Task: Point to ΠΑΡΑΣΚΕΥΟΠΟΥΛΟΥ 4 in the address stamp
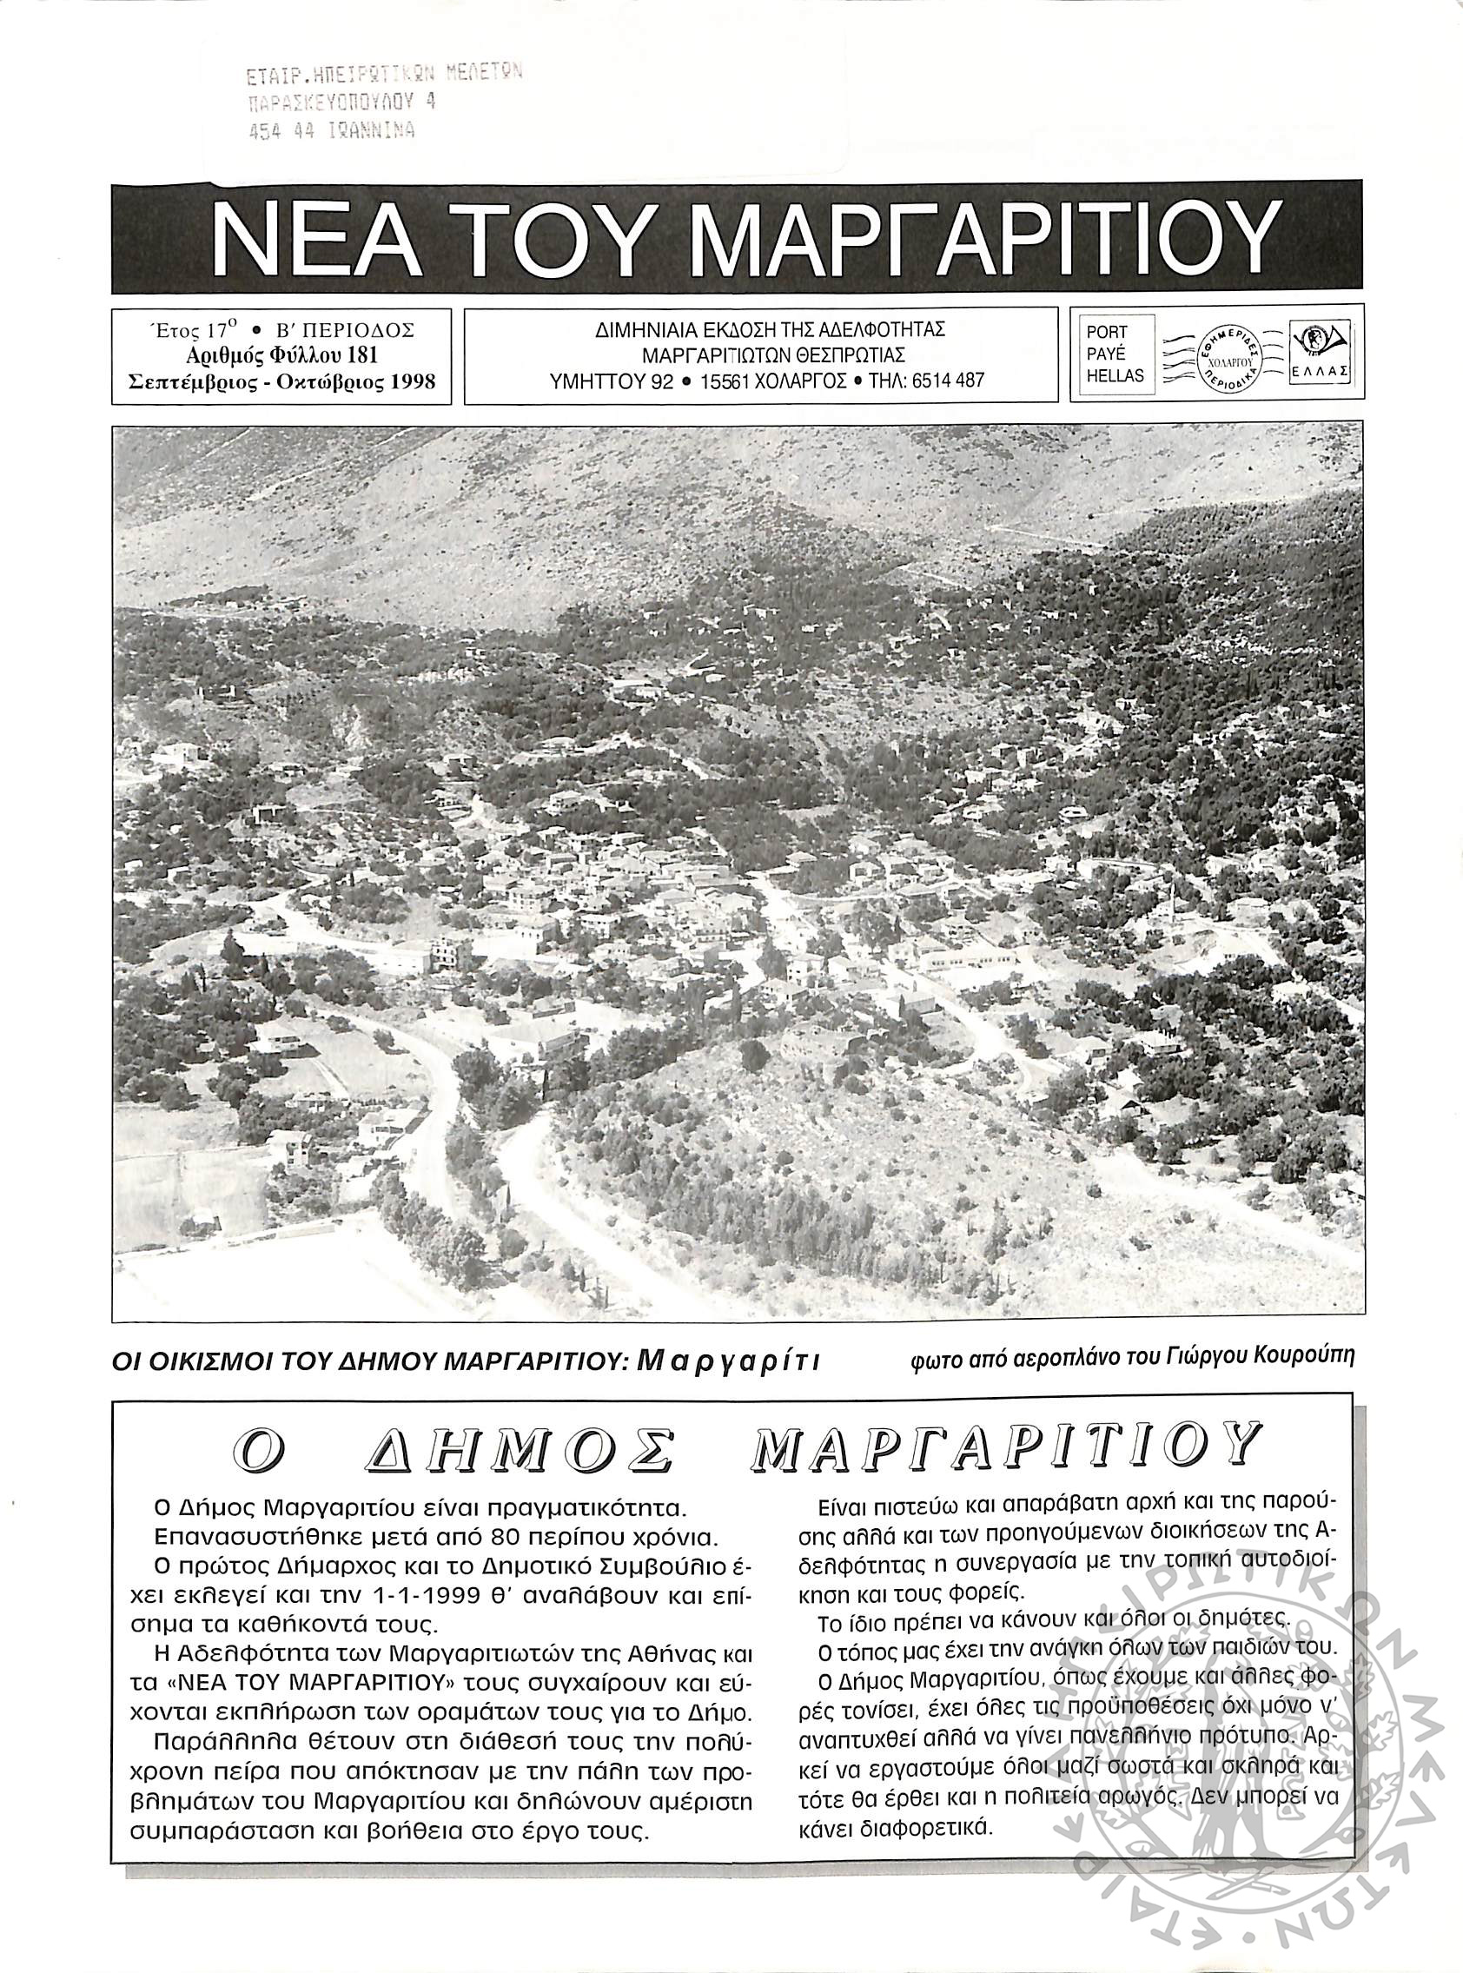tap(341, 102)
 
